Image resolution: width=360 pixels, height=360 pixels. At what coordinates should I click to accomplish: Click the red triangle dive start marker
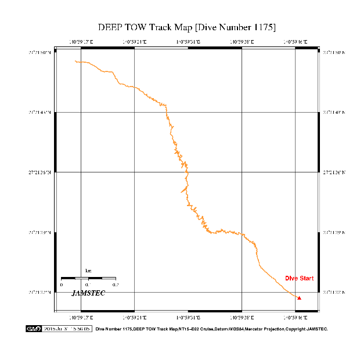coord(300,298)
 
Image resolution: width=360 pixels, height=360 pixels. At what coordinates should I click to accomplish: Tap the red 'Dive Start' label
coord(299,279)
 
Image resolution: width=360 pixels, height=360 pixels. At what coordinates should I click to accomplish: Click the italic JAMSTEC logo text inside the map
coord(88,293)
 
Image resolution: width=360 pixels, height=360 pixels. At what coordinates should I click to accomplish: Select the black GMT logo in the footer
coord(34,329)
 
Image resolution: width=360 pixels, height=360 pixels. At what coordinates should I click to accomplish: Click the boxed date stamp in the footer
coord(67,329)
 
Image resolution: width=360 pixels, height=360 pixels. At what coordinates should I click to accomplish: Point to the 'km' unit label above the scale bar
coord(88,271)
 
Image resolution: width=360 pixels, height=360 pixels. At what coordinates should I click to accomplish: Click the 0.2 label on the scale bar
coord(115,285)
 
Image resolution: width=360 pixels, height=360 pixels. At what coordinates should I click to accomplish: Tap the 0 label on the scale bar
coord(61,285)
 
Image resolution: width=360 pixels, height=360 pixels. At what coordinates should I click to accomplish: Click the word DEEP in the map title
coord(110,27)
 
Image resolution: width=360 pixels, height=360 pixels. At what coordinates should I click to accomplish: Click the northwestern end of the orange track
coord(75,61)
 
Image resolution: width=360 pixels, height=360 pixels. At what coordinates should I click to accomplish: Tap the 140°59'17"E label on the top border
coord(81,42)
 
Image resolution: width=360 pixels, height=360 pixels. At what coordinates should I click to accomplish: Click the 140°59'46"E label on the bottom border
coord(296,317)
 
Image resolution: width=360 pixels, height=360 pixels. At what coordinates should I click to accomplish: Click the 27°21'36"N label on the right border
coord(333,172)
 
